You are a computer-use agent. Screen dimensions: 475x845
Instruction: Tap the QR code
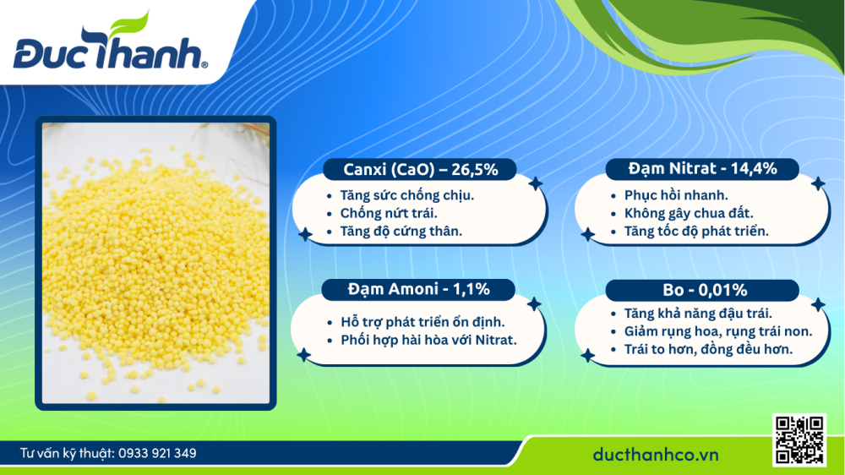point(799,440)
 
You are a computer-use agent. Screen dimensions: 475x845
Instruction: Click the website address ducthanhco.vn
point(655,455)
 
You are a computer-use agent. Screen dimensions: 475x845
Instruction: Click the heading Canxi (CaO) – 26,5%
point(421,169)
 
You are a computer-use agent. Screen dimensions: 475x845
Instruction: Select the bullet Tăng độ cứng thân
point(401,231)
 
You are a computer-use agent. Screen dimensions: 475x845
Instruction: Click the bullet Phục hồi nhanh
point(657,195)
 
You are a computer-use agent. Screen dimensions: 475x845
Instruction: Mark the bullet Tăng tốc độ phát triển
point(690,231)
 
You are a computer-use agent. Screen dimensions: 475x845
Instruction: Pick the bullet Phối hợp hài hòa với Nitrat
point(428,340)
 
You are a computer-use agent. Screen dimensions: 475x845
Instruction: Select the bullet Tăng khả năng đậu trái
point(691,314)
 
